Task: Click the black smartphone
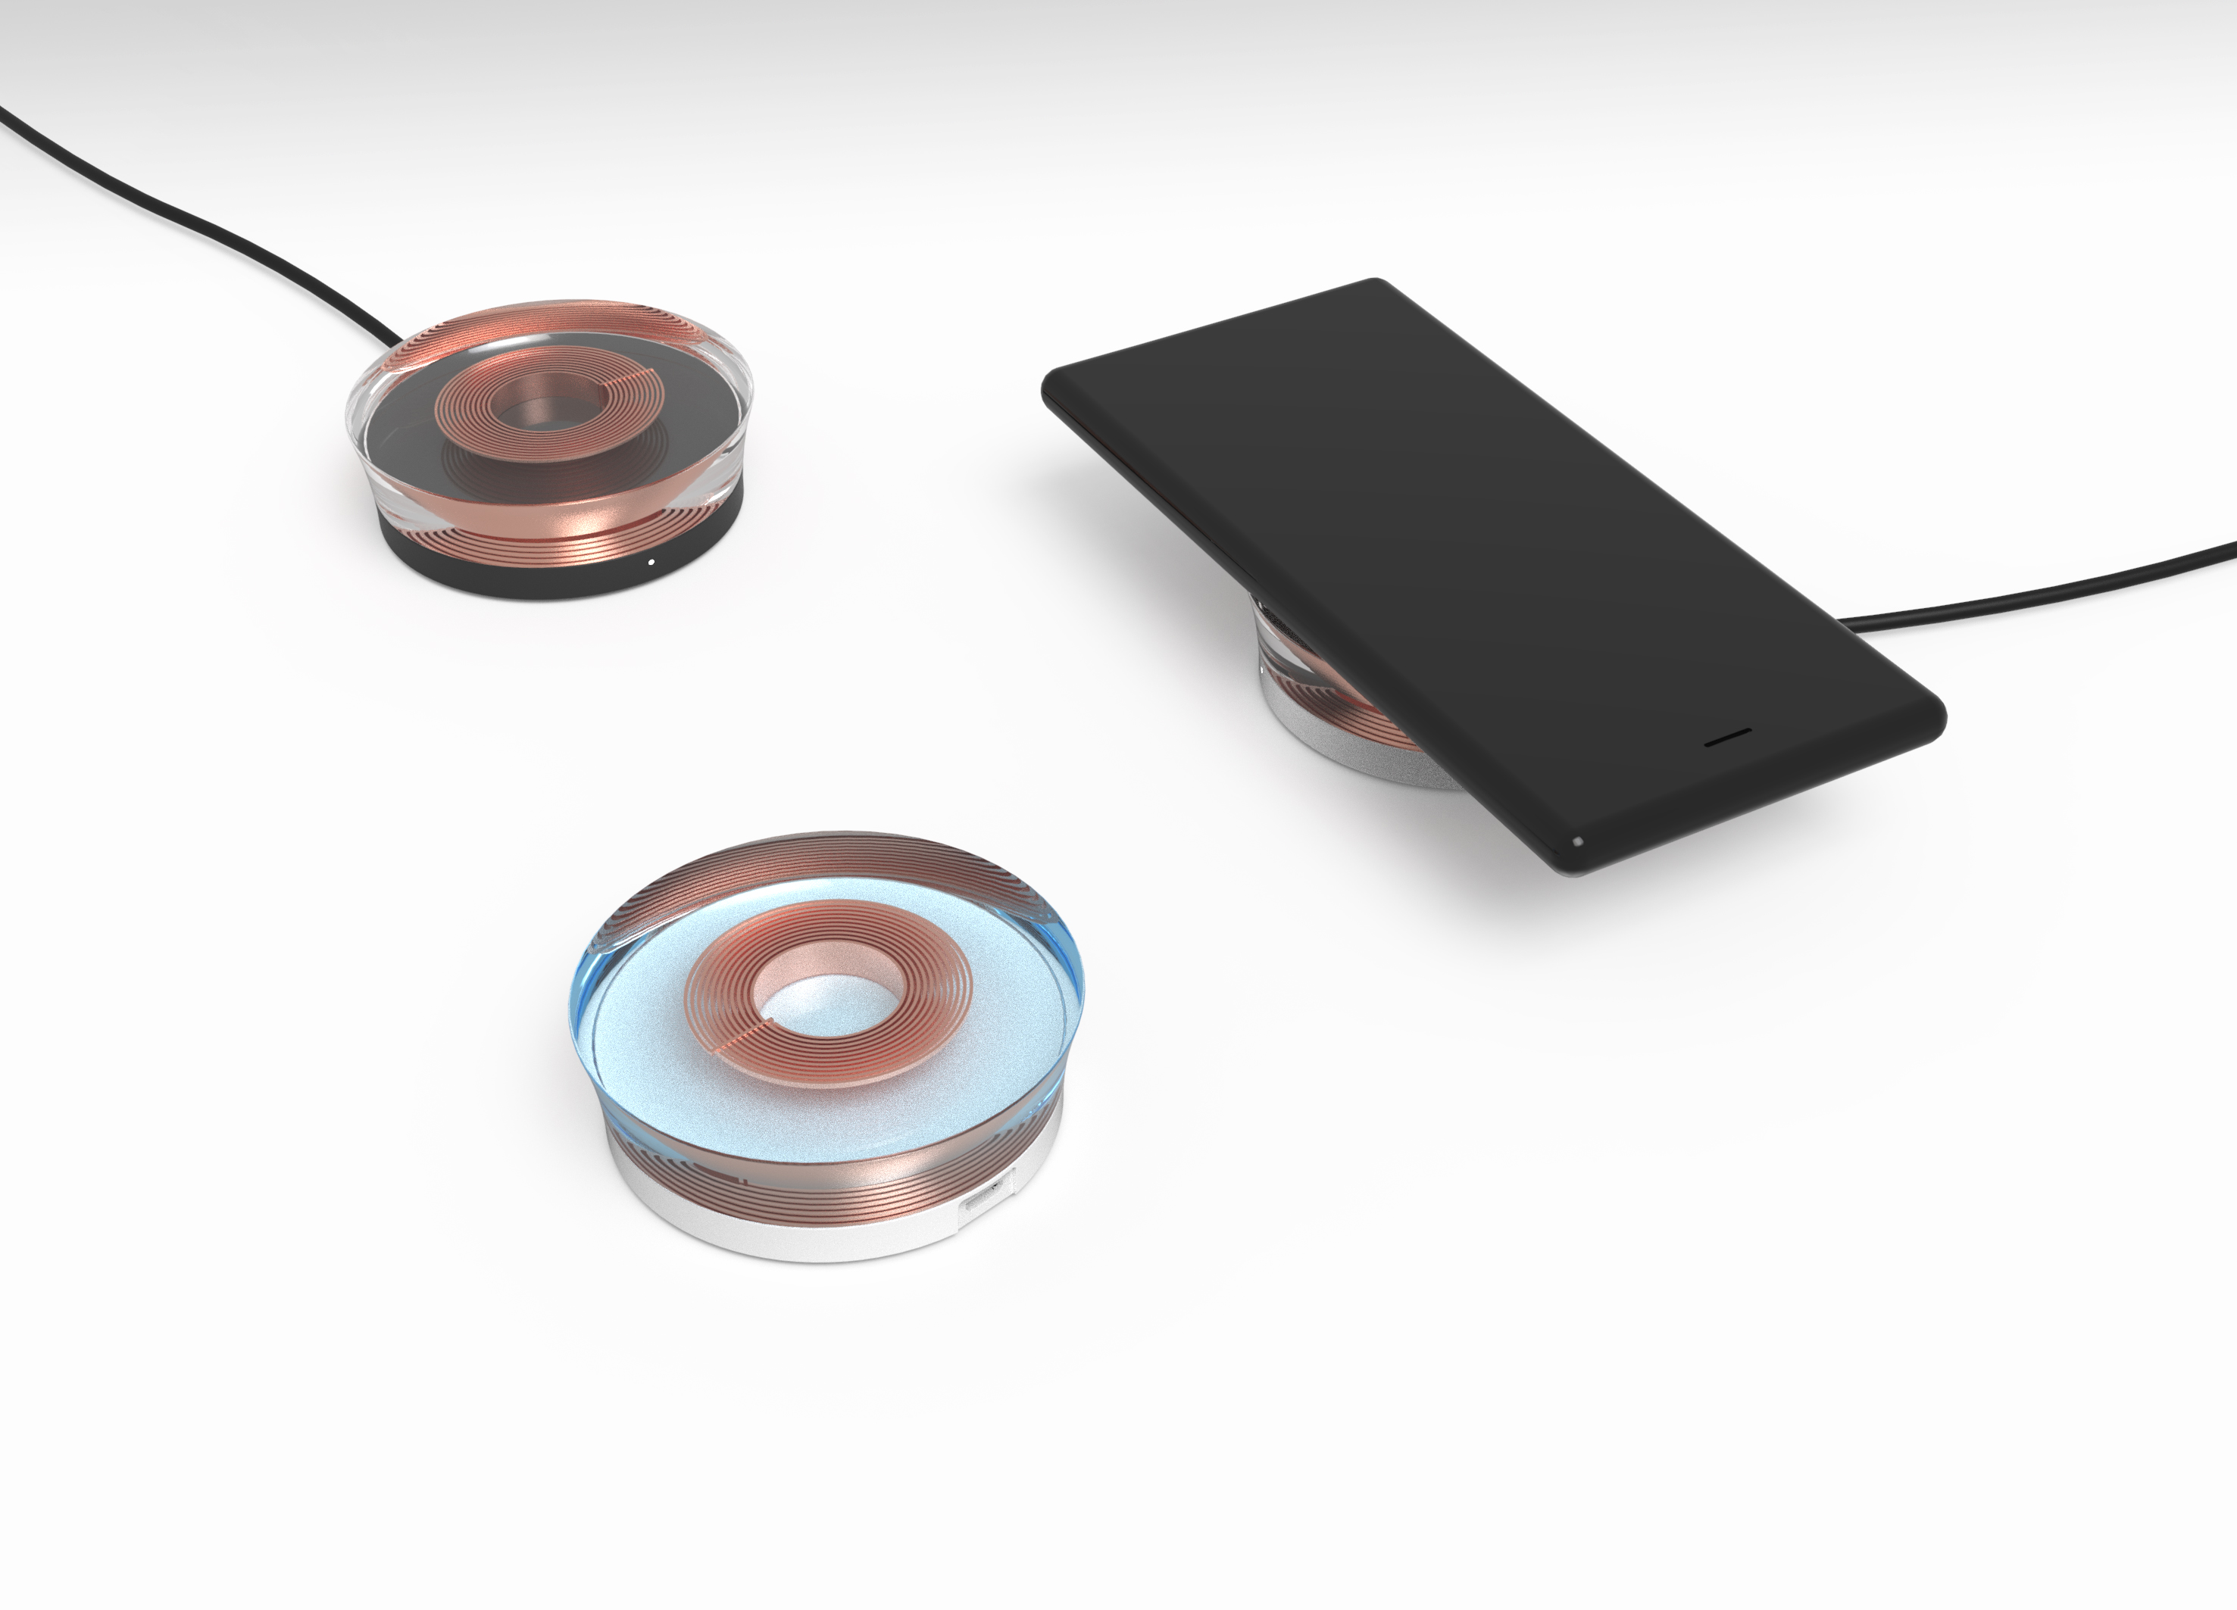[1479, 552]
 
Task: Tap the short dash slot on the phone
[1728, 735]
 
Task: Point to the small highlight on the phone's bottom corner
[1577, 841]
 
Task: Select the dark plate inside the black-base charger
[395, 434]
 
